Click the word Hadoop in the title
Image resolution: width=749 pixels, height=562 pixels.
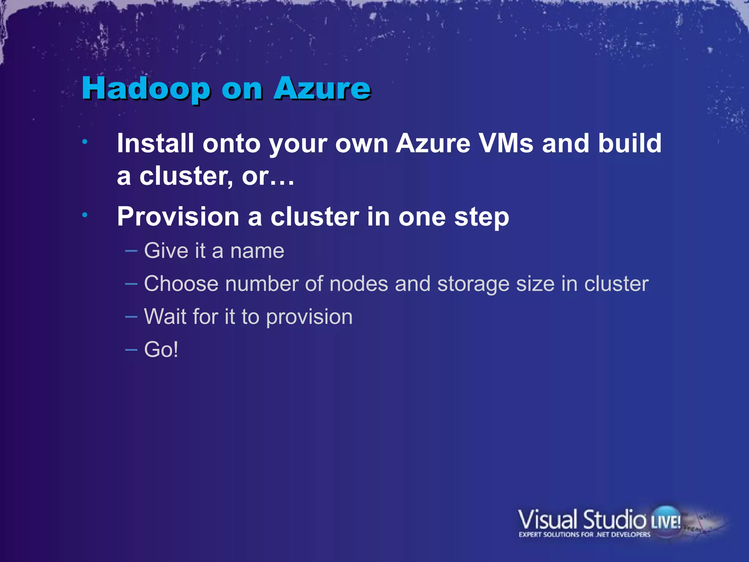click(x=146, y=89)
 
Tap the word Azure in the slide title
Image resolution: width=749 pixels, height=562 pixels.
click(x=322, y=89)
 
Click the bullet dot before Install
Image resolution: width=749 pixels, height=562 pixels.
click(x=84, y=142)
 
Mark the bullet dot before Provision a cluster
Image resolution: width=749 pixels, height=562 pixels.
click(x=84, y=215)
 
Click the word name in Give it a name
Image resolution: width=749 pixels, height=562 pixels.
click(x=257, y=251)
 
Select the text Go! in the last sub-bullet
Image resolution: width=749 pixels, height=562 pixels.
click(x=161, y=349)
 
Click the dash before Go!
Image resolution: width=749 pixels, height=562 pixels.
click(x=131, y=349)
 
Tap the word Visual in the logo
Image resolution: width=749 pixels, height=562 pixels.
click(x=547, y=520)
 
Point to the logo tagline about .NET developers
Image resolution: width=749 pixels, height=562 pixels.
click(x=584, y=535)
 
